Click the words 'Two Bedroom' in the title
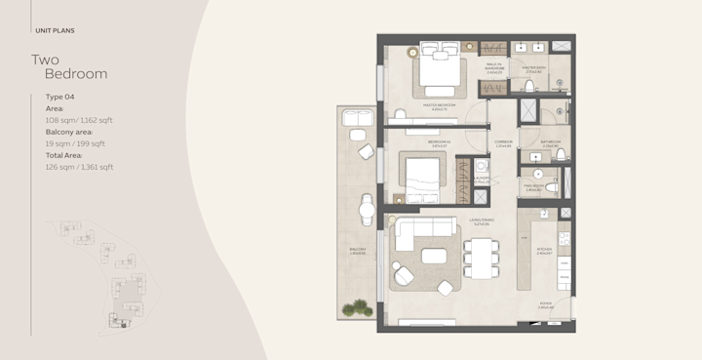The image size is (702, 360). tap(69, 66)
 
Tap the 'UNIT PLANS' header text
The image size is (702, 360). tap(55, 30)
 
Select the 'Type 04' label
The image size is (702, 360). tap(60, 98)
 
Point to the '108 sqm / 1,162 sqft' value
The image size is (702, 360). tap(79, 120)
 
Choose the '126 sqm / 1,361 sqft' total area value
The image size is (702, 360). tap(79, 167)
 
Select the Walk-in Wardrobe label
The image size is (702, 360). tap(494, 68)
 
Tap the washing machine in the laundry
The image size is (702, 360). tap(480, 194)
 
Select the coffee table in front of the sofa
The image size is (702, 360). tap(433, 257)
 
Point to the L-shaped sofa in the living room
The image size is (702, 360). tap(414, 239)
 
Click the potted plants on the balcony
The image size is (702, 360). tap(356, 308)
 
